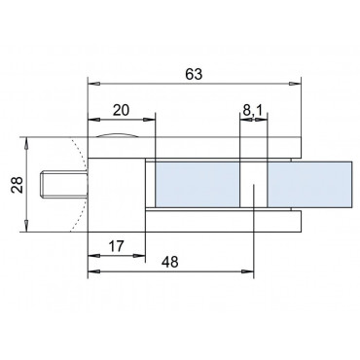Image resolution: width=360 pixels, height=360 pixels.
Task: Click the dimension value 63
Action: tap(194, 74)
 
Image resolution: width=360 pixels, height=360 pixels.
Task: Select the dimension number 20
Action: tap(121, 111)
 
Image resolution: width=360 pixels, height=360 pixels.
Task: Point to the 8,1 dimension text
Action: tap(252, 111)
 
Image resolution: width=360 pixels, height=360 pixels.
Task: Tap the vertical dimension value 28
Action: tap(17, 185)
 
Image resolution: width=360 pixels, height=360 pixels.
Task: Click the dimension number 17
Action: tap(116, 247)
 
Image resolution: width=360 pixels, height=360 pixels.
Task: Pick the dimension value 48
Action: tap(170, 262)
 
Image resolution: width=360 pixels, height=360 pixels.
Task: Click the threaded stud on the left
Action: tap(64, 185)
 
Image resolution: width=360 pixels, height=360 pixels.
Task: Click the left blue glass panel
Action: tap(198, 184)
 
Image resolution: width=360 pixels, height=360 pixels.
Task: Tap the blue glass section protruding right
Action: tap(309, 184)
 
